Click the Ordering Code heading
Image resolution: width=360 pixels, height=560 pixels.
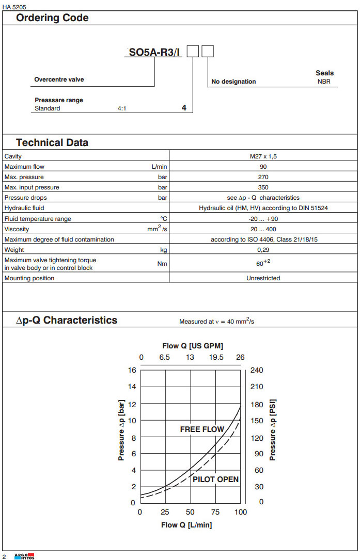tap(52, 18)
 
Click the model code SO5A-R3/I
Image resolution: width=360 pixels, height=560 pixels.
tap(154, 52)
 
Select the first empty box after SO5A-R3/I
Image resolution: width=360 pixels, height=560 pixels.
tap(193, 51)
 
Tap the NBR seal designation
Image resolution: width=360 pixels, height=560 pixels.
tap(324, 82)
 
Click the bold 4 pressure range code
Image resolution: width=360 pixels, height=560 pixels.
tap(184, 108)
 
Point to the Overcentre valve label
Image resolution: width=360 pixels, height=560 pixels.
tap(59, 79)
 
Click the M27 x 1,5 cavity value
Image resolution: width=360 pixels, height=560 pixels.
tap(263, 156)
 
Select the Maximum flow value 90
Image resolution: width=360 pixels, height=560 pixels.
tap(263, 167)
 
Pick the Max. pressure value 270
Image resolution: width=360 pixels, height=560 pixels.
tap(263, 177)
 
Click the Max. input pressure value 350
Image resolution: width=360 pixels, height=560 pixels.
tap(263, 187)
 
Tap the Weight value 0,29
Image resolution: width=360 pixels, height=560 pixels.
tap(263, 250)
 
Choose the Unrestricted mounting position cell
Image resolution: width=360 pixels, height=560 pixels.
tap(263, 278)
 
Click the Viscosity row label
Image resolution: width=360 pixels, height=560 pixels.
tap(17, 229)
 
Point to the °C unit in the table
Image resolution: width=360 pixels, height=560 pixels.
tap(164, 219)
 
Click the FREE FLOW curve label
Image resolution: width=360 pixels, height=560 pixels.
tap(202, 429)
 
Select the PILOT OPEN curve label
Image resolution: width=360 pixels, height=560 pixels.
tap(215, 479)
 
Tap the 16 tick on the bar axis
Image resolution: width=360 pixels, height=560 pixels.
tap(132, 370)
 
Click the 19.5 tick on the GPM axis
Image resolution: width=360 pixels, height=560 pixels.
tap(216, 358)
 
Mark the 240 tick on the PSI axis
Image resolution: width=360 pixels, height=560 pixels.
tap(257, 370)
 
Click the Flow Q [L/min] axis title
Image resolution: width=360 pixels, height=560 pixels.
tap(186, 525)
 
